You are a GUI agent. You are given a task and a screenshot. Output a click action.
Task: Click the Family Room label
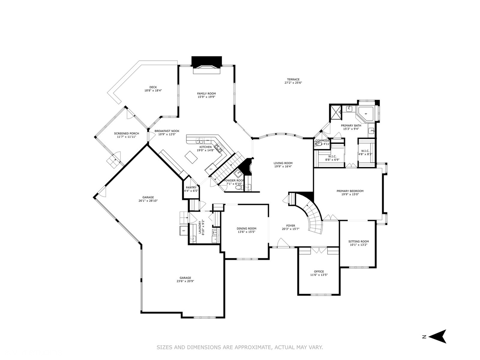click(206, 94)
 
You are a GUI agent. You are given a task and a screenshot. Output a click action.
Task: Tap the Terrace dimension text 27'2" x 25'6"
click(293, 83)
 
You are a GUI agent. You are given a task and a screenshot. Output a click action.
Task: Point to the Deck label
click(153, 87)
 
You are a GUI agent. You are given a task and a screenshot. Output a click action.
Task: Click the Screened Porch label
click(126, 133)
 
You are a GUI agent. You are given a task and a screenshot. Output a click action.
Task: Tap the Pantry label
click(191, 187)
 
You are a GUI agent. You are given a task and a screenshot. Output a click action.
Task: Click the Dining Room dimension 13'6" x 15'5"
click(247, 232)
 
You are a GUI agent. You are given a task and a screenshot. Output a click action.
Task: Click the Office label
click(319, 271)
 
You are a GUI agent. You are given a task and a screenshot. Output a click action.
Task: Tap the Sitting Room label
click(359, 241)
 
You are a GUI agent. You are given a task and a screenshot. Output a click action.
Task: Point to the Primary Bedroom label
click(350, 191)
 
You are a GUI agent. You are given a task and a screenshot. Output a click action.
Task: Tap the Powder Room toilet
click(238, 188)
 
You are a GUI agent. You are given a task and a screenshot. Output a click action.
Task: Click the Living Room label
click(283, 163)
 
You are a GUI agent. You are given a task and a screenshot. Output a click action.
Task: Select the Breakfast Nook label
click(167, 131)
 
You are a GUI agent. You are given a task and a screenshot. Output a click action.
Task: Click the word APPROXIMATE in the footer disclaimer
click(252, 347)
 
